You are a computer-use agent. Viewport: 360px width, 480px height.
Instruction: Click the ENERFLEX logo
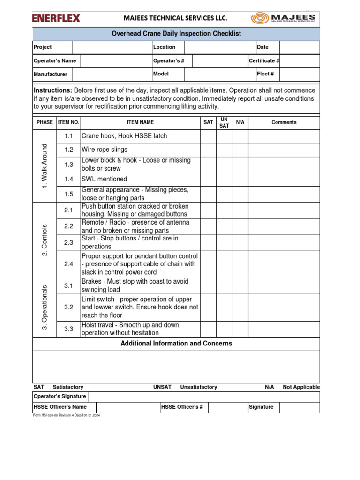(56, 18)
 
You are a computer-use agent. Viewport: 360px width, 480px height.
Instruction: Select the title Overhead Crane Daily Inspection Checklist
(176, 34)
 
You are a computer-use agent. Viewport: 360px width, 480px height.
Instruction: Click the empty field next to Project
(112, 47)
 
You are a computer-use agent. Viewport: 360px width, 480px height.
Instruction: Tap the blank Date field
(300, 47)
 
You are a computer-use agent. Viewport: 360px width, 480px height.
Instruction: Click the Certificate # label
(264, 61)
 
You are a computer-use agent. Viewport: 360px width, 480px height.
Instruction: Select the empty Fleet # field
(300, 74)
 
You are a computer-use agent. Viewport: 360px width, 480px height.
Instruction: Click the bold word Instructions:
(53, 90)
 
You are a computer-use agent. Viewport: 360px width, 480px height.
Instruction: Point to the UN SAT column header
(224, 122)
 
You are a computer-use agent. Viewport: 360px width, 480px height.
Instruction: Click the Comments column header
(284, 122)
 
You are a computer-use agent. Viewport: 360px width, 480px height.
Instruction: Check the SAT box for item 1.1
(208, 136)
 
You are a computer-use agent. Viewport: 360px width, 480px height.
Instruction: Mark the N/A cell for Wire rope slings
(240, 150)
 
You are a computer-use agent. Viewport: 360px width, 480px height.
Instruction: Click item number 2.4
(69, 264)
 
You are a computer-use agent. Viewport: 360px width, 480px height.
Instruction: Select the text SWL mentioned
(105, 179)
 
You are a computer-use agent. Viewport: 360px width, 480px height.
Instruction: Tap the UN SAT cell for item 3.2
(224, 307)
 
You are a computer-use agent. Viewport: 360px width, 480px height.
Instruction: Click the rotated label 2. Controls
(45, 240)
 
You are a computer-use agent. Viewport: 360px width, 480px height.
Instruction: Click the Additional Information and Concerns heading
(176, 344)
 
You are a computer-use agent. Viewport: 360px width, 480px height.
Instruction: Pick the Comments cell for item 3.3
(284, 329)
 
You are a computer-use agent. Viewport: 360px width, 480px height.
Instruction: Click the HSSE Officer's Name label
(60, 407)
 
